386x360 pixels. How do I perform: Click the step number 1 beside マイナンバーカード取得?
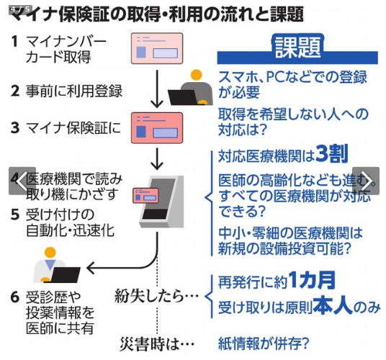point(15,41)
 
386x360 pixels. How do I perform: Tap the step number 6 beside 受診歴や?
point(15,297)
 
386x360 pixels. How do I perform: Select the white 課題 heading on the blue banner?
point(298,48)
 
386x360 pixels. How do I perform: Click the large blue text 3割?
point(332,153)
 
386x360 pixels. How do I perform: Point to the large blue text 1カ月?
point(312,280)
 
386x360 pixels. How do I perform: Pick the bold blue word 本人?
point(333,306)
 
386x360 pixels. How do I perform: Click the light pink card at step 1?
point(157,48)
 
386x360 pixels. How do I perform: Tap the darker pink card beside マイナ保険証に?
point(157,127)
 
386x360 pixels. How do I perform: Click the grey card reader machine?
point(162,202)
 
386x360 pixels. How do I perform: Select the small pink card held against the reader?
point(145,195)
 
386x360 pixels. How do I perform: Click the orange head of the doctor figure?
point(50,253)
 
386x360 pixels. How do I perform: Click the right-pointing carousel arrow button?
point(366,181)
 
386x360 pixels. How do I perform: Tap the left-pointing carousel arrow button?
point(22,181)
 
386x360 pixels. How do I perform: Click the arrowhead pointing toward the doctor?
point(91,268)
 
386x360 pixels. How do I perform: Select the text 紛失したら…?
point(156,296)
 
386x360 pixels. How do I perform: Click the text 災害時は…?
point(157,343)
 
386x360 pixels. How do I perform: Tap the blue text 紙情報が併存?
point(264,343)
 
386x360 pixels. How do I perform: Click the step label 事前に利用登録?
point(74,91)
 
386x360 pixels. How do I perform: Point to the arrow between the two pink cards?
point(157,89)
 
